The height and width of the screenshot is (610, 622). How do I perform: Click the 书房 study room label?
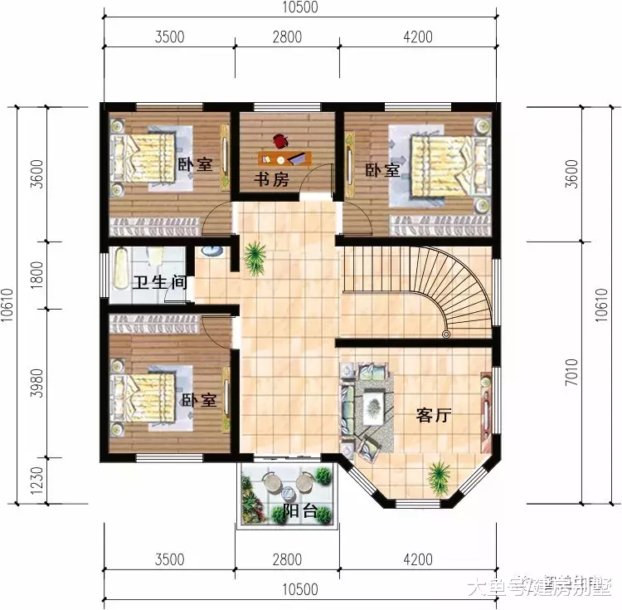coord(272,179)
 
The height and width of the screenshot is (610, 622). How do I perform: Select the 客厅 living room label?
coord(432,416)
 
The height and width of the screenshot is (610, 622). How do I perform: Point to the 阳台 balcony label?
coord(299,510)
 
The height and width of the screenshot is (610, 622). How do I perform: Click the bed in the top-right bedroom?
coord(443,163)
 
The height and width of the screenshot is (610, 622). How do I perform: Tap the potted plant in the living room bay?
coord(437,476)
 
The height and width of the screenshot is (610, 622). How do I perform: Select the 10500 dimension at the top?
coord(299,9)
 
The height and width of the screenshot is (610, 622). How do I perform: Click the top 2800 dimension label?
coord(287,37)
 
